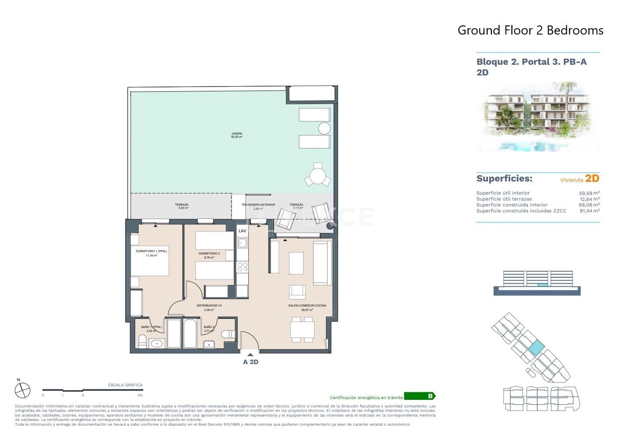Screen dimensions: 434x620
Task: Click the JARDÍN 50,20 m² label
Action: pyautogui.click(x=237, y=135)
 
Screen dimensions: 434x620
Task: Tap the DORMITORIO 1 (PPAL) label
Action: pyautogui.click(x=151, y=251)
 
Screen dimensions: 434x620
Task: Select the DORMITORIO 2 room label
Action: pyautogui.click(x=209, y=253)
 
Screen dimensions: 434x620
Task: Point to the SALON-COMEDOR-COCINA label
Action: pyautogui.click(x=307, y=305)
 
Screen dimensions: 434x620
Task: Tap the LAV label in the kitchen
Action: pyautogui.click(x=242, y=231)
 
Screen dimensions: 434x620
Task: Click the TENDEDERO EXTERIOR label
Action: pyautogui.click(x=258, y=205)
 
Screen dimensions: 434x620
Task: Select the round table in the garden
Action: pyautogui.click(x=318, y=176)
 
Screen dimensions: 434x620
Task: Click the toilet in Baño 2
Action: pyautogui.click(x=228, y=334)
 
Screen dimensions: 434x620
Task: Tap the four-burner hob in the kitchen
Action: pyautogui.click(x=242, y=267)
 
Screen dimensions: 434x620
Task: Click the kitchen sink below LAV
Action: pyautogui.click(x=242, y=243)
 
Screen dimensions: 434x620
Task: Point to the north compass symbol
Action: pyautogui.click(x=22, y=390)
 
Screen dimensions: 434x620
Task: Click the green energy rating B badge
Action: pyautogui.click(x=420, y=396)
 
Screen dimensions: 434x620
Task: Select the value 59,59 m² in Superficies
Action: pyautogui.click(x=589, y=193)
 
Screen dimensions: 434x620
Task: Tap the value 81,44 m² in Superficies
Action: pyautogui.click(x=589, y=211)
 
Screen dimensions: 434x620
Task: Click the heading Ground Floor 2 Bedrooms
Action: pyautogui.click(x=530, y=30)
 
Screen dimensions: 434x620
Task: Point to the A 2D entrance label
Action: pyautogui.click(x=251, y=362)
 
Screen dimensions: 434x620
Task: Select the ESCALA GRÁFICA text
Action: pyautogui.click(x=125, y=385)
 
